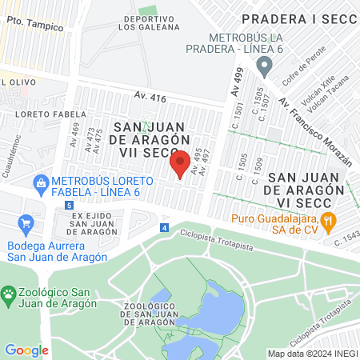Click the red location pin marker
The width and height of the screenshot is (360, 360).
180,162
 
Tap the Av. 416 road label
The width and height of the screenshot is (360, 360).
150,98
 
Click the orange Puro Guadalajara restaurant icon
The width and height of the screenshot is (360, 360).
327,223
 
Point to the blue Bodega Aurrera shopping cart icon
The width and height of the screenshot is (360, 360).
26,223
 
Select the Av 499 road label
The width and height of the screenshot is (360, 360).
237,83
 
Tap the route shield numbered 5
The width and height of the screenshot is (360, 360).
70,206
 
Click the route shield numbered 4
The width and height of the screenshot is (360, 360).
164,228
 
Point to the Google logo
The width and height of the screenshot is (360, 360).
26,350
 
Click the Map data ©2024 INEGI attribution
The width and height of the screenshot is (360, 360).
312,354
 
